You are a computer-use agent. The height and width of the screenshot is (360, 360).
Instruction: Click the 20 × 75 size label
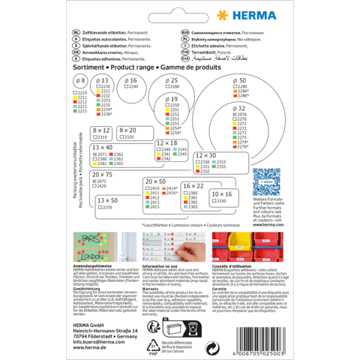click(x=104, y=175)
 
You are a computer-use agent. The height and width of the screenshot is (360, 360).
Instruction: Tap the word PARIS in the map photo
click(x=90, y=241)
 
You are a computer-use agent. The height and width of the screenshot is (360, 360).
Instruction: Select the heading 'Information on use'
click(x=162, y=265)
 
